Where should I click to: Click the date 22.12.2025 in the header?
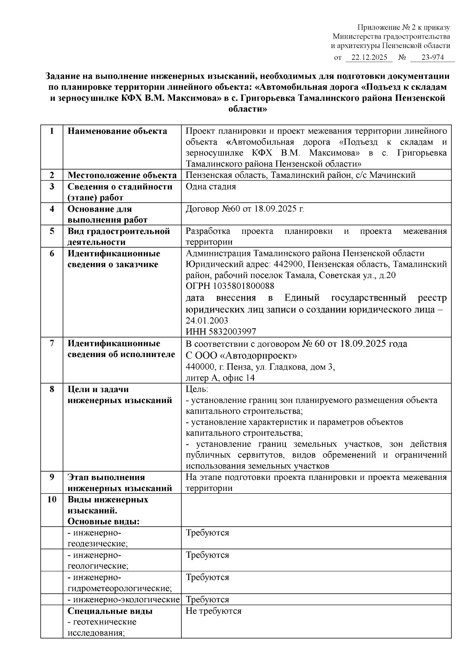tap(369, 57)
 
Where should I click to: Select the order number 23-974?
tap(432, 57)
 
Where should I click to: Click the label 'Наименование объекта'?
tap(117, 131)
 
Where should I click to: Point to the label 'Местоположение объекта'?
tap(122, 175)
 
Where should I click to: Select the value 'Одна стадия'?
tap(210, 187)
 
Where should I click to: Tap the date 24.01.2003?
tap(207, 320)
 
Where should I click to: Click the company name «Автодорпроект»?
tap(258, 355)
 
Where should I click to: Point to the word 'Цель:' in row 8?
tap(197, 389)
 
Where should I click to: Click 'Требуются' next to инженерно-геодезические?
tap(207, 533)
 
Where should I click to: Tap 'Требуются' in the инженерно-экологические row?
tap(207, 600)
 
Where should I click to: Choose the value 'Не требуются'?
tap(213, 611)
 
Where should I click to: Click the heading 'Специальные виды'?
tap(110, 611)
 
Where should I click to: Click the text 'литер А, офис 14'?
tap(220, 378)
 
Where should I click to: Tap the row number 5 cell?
tap(52, 231)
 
